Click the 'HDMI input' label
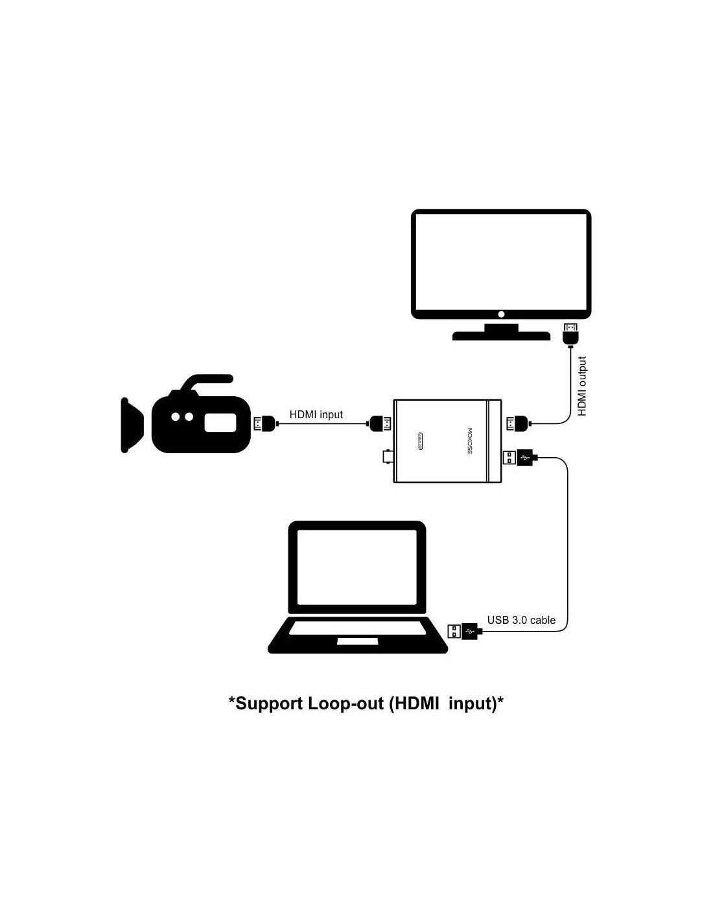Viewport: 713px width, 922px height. click(316, 414)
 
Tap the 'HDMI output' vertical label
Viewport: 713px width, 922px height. click(581, 386)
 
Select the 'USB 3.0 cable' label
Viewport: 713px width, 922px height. click(521, 620)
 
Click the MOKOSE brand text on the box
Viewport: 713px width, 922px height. click(470, 441)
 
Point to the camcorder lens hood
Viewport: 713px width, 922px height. click(132, 425)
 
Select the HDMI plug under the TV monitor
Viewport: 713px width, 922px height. click(570, 335)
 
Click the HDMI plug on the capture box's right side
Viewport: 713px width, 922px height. click(519, 424)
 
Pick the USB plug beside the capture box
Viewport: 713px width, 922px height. click(519, 457)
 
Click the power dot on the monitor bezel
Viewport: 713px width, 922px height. click(501, 314)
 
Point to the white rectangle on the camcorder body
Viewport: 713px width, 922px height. click(220, 423)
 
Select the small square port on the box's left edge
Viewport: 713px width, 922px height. click(388, 457)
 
